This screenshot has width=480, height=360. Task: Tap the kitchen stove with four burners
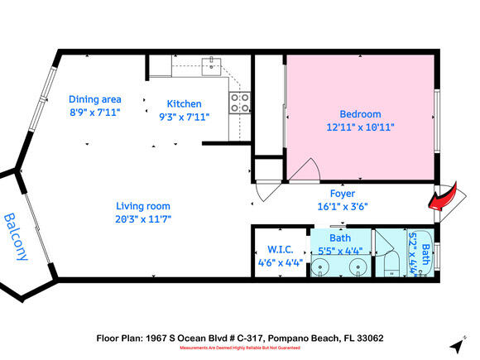[x=239, y=103]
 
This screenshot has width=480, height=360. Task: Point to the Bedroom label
[x=360, y=114]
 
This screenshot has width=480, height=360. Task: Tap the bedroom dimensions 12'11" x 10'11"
[x=360, y=127]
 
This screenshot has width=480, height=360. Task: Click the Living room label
[x=143, y=206]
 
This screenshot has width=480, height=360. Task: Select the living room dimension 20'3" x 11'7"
[x=143, y=219]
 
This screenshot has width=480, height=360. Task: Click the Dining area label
[x=95, y=98]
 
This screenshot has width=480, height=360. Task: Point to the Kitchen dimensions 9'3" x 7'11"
[x=185, y=117]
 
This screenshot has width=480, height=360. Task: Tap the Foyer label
[x=343, y=194]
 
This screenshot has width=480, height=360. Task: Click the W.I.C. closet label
[x=281, y=249]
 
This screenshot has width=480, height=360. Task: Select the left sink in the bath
[x=324, y=266]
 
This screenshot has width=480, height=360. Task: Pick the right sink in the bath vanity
[x=358, y=266]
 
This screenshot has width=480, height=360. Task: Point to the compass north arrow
[x=455, y=342]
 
